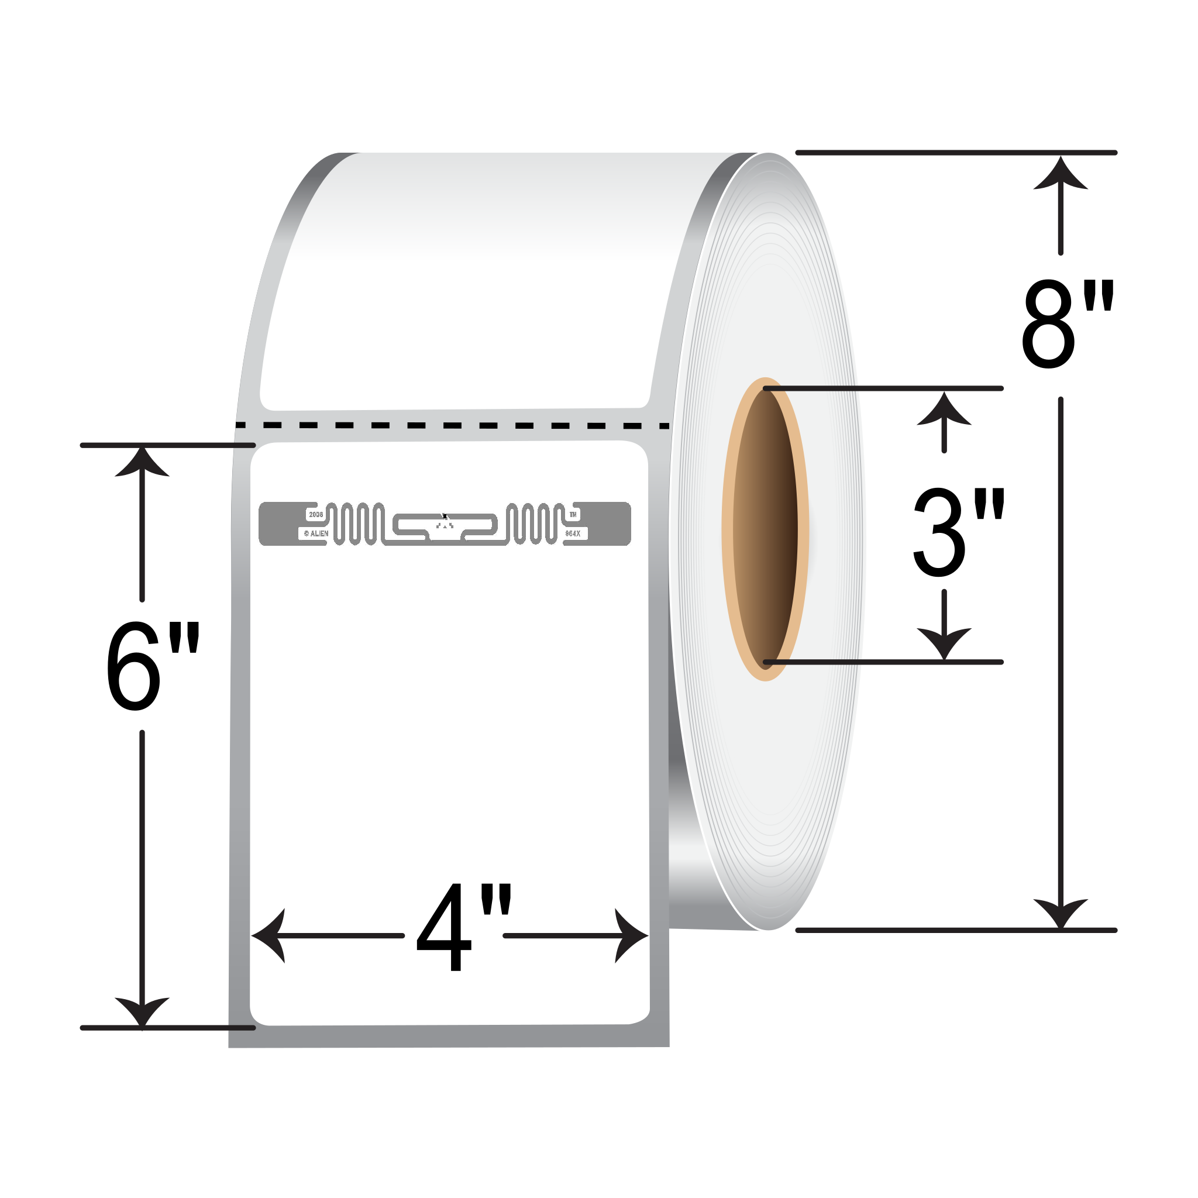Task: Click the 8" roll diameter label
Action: coord(1068,323)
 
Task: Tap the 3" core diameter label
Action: coord(958,532)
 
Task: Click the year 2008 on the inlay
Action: coord(316,515)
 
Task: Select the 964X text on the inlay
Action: coord(573,533)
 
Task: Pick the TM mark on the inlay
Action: coord(573,515)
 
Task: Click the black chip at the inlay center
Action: coord(445,516)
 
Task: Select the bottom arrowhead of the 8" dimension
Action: coord(1061,913)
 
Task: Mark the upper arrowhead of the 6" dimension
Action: coord(142,463)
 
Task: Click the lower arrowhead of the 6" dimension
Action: coord(142,1011)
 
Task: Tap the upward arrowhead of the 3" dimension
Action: coord(944,409)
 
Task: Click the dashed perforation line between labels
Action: coord(453,425)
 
